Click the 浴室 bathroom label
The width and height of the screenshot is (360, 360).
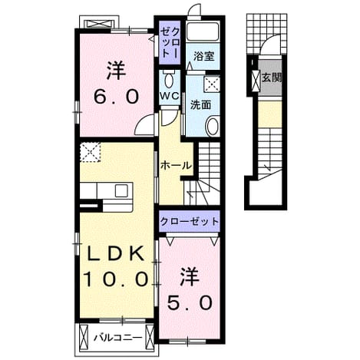click(203, 56)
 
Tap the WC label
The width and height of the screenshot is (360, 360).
click(170, 96)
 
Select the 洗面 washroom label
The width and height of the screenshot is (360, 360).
click(200, 105)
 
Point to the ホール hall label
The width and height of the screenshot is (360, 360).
click(176, 166)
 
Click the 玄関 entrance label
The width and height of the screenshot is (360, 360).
click(271, 78)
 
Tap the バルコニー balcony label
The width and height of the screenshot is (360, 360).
click(117, 338)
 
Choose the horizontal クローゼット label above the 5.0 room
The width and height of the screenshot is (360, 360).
click(190, 221)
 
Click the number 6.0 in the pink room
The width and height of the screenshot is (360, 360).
click(117, 97)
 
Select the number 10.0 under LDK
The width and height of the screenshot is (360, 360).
click(116, 279)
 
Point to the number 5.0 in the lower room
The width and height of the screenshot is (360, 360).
click(190, 302)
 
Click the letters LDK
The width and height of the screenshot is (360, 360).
click(115, 254)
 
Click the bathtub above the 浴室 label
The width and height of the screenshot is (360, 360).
click(203, 31)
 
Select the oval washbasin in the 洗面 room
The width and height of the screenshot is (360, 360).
click(213, 126)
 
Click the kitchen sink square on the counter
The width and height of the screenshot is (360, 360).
click(121, 191)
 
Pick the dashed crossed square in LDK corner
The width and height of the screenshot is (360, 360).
click(90, 152)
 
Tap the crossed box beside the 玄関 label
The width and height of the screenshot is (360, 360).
click(256, 80)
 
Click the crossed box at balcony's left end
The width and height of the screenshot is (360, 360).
click(84, 335)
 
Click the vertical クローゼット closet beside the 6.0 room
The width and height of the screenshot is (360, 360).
click(169, 41)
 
